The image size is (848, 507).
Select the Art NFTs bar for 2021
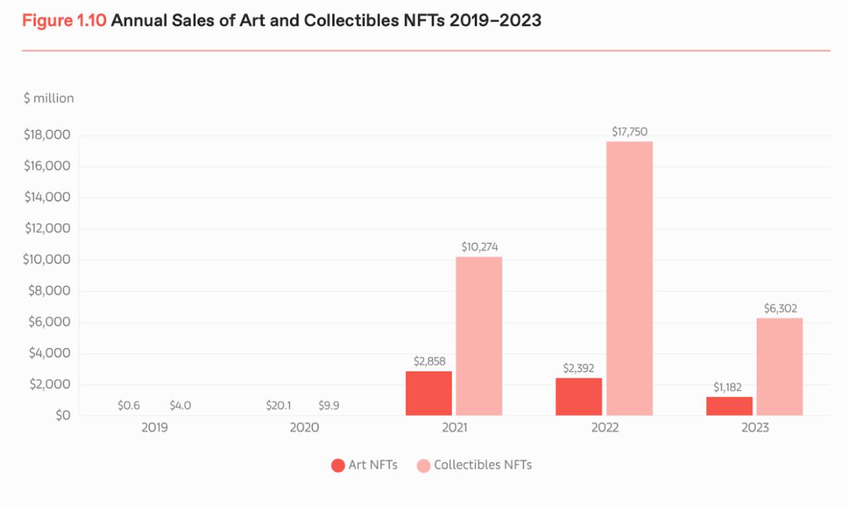(x=429, y=393)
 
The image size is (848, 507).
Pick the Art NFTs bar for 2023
(x=729, y=406)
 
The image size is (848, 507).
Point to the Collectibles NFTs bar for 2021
(x=479, y=336)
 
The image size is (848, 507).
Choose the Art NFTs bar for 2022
(x=579, y=396)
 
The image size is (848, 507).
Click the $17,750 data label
(x=629, y=131)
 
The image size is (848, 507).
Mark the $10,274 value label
(x=480, y=247)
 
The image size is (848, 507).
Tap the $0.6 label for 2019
(x=129, y=405)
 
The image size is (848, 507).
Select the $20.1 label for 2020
(x=279, y=405)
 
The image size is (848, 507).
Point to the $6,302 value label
(x=779, y=308)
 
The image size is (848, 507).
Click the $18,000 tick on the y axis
(x=47, y=135)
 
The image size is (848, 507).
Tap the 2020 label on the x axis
(x=304, y=428)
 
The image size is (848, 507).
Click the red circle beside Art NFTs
(x=338, y=465)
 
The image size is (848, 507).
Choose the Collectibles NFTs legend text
(x=483, y=465)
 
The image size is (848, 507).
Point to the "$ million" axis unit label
(x=49, y=98)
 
